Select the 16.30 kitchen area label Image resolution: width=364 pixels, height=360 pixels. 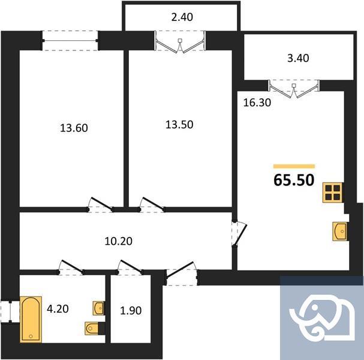pyautogui.click(x=257, y=102)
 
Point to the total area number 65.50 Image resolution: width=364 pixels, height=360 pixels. pyautogui.click(x=294, y=181)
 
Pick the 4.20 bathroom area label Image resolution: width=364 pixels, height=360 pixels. pyautogui.click(x=59, y=310)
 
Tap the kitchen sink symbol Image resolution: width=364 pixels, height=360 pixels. pyautogui.click(x=339, y=231)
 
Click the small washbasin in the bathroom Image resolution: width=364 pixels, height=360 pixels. pyautogui.click(x=98, y=308)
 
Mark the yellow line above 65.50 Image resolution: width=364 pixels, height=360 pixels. pyautogui.click(x=294, y=166)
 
